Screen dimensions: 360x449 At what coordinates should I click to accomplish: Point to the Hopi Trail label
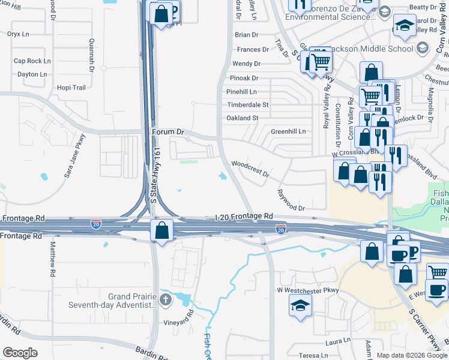point(71,88)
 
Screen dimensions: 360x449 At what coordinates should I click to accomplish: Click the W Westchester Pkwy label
point(308,290)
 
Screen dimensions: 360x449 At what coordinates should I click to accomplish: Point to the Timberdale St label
point(247,105)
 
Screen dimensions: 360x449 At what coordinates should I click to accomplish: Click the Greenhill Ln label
point(288,131)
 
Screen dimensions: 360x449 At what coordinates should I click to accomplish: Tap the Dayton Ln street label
point(32,74)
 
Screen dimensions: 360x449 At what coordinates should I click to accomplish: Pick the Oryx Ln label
point(18,34)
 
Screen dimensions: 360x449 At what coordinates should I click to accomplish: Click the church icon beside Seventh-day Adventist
point(166,299)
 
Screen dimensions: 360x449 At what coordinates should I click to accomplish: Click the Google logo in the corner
point(20,353)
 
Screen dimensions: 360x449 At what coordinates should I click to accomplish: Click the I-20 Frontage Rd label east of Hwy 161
point(244,216)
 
